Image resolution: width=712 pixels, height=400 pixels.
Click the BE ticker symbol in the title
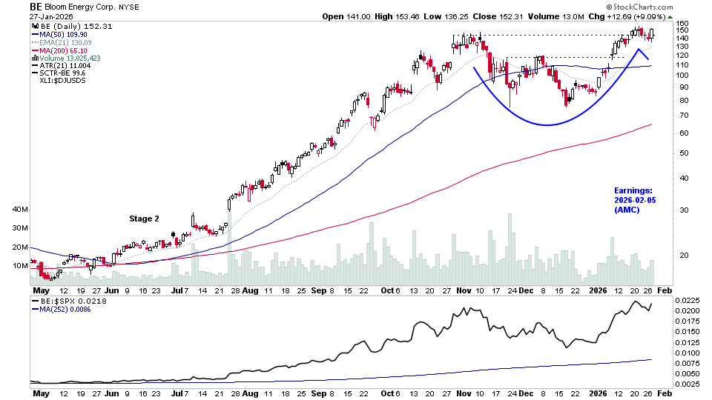coord(36,6)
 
